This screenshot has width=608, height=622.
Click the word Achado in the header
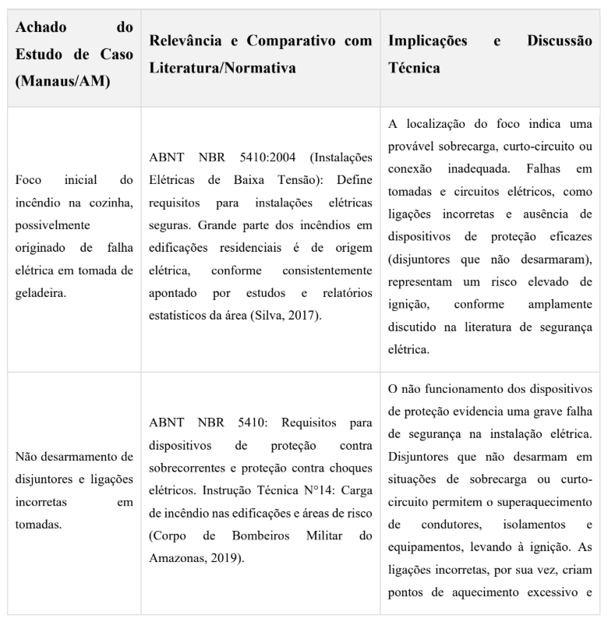click(x=41, y=28)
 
